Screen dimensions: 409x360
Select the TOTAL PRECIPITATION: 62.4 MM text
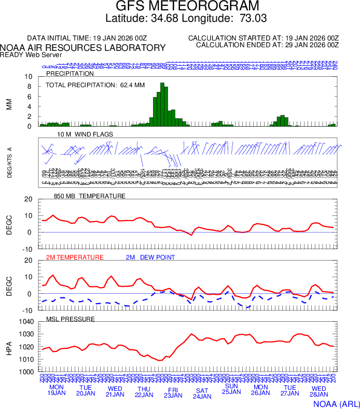tap(95, 85)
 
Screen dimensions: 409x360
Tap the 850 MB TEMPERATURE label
tap(89, 196)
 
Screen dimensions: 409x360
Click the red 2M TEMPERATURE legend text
tap(75, 257)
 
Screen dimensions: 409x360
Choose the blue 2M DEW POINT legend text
tap(150, 257)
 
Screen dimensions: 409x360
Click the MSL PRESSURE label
tap(71, 319)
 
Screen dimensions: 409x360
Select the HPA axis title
tap(9, 347)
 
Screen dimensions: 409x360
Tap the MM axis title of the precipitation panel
tap(9, 103)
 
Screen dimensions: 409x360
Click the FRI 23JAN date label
tap(173, 392)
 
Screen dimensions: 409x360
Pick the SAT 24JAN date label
tap(202, 393)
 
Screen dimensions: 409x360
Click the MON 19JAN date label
tap(56, 390)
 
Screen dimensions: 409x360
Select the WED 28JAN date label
tap(319, 390)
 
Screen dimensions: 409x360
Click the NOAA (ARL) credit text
tap(336, 403)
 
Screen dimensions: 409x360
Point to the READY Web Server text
tap(31, 54)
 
